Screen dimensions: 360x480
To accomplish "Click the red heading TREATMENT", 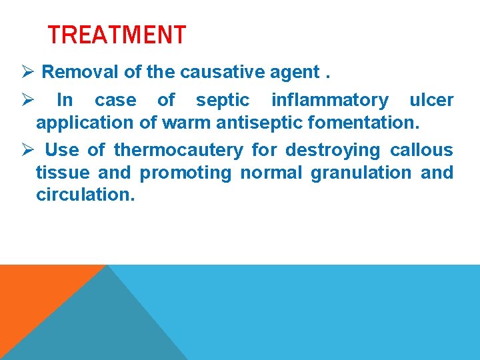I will [117, 35].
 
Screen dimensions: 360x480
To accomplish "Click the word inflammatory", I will [329, 100].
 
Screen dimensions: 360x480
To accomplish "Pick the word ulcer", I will [431, 100].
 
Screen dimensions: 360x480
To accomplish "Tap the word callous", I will [421, 150].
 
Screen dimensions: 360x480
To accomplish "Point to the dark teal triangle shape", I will [107, 327].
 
